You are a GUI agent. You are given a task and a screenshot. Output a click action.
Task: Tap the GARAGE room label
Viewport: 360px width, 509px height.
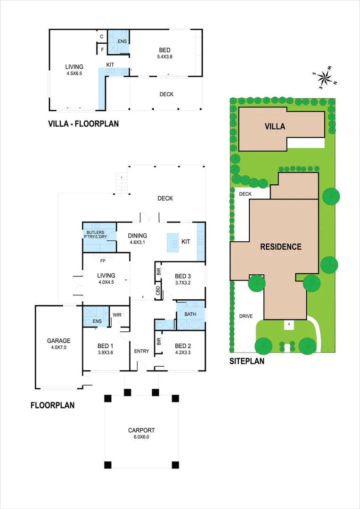tap(58, 344)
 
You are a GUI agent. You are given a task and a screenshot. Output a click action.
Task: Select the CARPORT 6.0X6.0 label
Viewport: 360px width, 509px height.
tap(141, 433)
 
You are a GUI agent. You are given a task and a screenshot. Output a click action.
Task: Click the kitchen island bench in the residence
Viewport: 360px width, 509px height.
tap(173, 242)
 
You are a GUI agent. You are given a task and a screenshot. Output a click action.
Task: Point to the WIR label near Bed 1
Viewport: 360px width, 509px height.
tap(117, 316)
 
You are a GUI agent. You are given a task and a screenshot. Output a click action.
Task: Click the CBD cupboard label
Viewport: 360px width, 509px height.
tap(157, 291)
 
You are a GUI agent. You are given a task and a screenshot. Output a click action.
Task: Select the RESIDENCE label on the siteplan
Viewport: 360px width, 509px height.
tap(281, 246)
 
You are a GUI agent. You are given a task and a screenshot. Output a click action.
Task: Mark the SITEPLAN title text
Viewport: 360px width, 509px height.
tap(246, 362)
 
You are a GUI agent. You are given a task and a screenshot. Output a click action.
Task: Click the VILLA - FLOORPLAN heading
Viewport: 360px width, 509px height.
tap(83, 124)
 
